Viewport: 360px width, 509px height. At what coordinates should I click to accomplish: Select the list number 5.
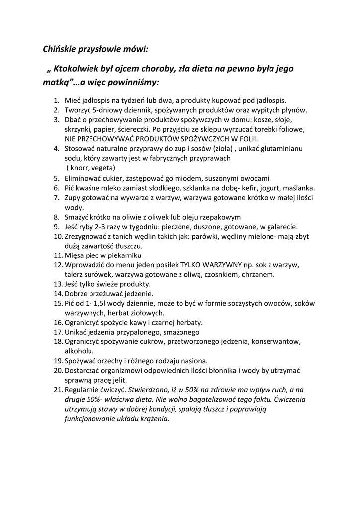coord(56,178)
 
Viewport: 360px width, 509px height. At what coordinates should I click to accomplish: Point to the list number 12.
coord(58,265)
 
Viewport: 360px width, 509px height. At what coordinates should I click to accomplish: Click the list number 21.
coord(58,390)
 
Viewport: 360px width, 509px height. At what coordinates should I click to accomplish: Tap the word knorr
coord(80,167)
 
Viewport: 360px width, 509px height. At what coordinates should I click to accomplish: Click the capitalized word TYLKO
coord(197,265)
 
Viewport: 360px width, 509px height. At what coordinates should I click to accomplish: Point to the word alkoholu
coord(80,351)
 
